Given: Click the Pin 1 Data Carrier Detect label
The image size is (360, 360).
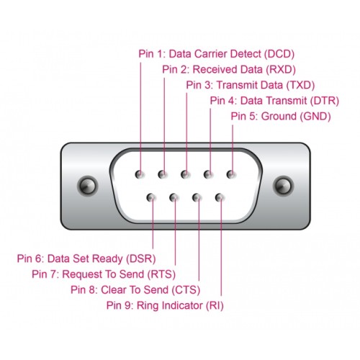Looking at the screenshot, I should point(217,53).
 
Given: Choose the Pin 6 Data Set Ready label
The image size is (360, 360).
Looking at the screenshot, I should point(86,258).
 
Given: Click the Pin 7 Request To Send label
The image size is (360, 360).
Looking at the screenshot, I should point(104,274).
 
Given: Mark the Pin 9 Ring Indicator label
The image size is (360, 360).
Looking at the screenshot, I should point(165,305).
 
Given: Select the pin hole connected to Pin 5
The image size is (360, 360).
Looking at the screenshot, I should point(232,174).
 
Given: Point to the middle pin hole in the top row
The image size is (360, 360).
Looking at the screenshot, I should point(186,174).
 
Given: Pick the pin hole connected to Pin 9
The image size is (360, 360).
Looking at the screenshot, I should point(220,197).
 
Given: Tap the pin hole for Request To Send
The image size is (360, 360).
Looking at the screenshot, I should point(175,197).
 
